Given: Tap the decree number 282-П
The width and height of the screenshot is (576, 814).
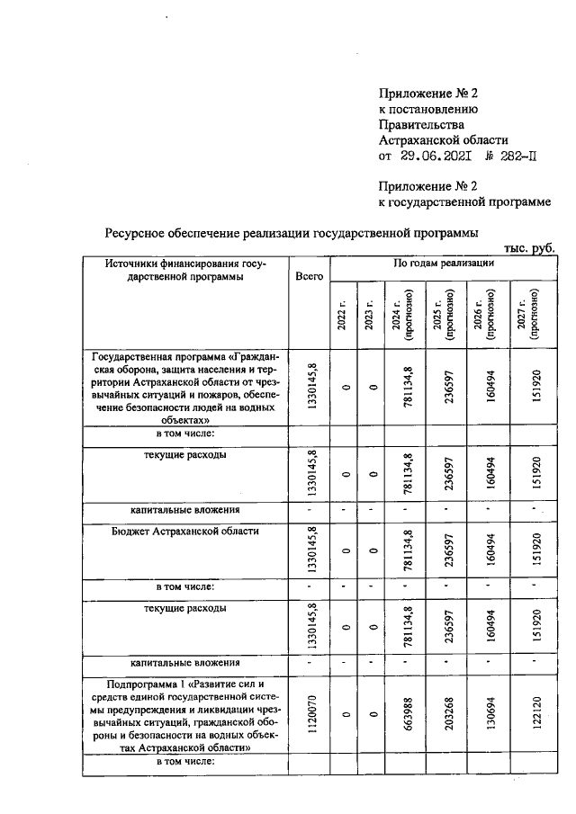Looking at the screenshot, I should click(x=511, y=157).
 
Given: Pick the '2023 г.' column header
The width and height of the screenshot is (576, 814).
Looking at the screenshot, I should click(x=369, y=315).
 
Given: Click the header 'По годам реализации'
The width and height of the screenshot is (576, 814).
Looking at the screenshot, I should click(x=444, y=264).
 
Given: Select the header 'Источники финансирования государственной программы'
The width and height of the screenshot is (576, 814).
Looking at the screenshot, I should click(x=183, y=271).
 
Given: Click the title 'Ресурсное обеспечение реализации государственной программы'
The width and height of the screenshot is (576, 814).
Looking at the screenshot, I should click(x=292, y=232).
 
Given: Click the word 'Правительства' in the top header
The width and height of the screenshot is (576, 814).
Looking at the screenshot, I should click(x=423, y=124).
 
